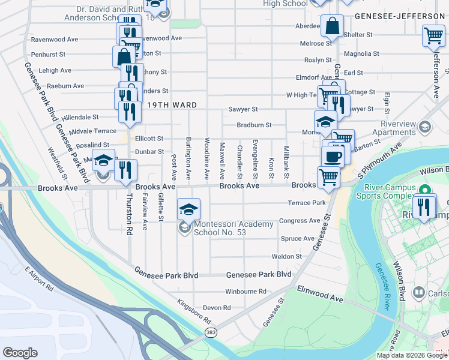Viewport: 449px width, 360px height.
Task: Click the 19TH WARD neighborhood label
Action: click(172, 105)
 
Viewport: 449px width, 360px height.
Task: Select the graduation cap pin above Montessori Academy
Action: click(189, 209)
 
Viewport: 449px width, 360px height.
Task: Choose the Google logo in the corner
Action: click(20, 352)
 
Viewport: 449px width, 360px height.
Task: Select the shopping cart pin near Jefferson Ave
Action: click(433, 35)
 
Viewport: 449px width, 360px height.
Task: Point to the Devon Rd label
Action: click(217, 308)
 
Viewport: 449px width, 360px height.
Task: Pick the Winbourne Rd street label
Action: click(246, 292)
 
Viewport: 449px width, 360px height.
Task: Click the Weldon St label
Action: click(286, 256)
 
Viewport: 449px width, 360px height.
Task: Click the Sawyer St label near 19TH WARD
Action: click(243, 109)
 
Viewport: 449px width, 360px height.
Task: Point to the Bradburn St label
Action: click(254, 125)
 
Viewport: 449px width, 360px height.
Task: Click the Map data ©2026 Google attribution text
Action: click(412, 355)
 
